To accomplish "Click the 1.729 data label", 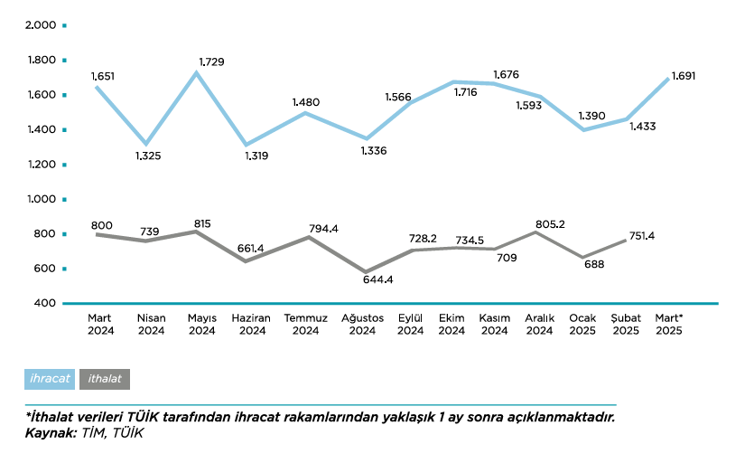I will click(211, 61).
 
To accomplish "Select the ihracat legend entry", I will click(51, 379).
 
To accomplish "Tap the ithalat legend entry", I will click(105, 379).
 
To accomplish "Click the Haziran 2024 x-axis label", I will click(251, 324).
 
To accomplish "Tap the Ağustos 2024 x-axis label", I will click(362, 324).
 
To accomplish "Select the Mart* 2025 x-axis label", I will click(668, 324).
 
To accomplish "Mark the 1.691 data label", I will click(684, 76).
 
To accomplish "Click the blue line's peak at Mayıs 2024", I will click(196, 72).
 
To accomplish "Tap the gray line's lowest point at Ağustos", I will click(367, 271).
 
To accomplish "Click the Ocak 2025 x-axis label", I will click(582, 324).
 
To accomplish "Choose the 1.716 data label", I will click(465, 92).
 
